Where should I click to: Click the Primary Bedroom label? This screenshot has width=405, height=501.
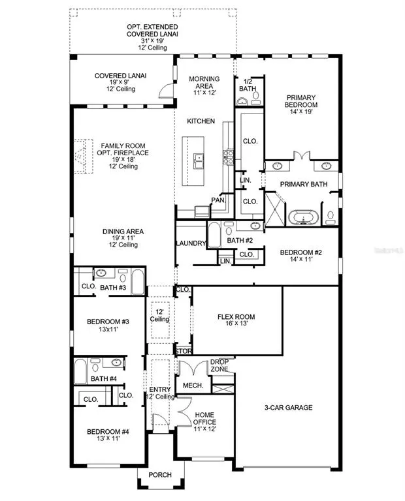pyautogui.click(x=300, y=101)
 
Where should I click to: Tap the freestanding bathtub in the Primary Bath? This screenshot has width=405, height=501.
pyautogui.click(x=303, y=217)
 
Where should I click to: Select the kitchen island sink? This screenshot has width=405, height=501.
pyautogui.click(x=199, y=161)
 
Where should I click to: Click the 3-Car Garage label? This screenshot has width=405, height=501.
pyautogui.click(x=288, y=407)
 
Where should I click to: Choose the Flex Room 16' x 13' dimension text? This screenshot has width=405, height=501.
pyautogui.click(x=236, y=324)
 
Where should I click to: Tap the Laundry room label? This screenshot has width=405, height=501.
pyautogui.click(x=191, y=243)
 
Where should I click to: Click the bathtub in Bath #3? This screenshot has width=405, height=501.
pyautogui.click(x=138, y=281)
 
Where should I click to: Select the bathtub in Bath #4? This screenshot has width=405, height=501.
pyautogui.click(x=80, y=371)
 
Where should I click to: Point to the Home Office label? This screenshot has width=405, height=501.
pyautogui.click(x=204, y=418)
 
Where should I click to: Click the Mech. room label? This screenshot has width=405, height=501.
pyautogui.click(x=193, y=386)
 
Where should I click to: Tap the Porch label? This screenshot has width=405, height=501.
pyautogui.click(x=160, y=475)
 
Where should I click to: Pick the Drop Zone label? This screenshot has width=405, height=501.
pyautogui.click(x=219, y=365)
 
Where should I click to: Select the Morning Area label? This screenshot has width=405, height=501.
pyautogui.click(x=204, y=82)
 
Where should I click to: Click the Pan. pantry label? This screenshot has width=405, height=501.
pyautogui.click(x=218, y=200)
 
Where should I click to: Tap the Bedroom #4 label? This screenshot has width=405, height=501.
pyautogui.click(x=108, y=432)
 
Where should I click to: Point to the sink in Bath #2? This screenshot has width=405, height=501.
pyautogui.click(x=255, y=226)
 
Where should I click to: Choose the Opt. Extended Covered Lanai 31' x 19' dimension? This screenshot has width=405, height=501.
pyautogui.click(x=152, y=41)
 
